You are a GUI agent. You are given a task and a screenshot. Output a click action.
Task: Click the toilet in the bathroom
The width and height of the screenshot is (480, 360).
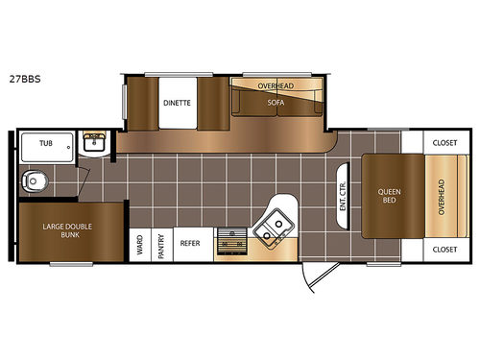(36, 180)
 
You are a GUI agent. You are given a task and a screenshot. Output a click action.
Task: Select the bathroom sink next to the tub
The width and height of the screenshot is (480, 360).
(95, 144)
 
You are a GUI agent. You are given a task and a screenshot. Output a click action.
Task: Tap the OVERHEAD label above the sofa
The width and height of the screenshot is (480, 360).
(276, 85)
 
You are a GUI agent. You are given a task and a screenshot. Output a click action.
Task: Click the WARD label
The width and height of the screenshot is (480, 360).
(140, 243)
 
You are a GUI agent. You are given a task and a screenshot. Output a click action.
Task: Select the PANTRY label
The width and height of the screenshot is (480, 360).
(161, 243)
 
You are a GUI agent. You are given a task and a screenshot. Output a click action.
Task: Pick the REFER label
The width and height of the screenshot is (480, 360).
(190, 243)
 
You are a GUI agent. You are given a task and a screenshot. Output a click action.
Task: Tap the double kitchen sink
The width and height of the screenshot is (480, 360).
(276, 227)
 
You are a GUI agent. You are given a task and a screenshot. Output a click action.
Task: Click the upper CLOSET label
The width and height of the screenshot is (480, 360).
(444, 143)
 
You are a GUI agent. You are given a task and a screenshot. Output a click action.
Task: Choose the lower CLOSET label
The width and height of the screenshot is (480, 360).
(444, 249)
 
